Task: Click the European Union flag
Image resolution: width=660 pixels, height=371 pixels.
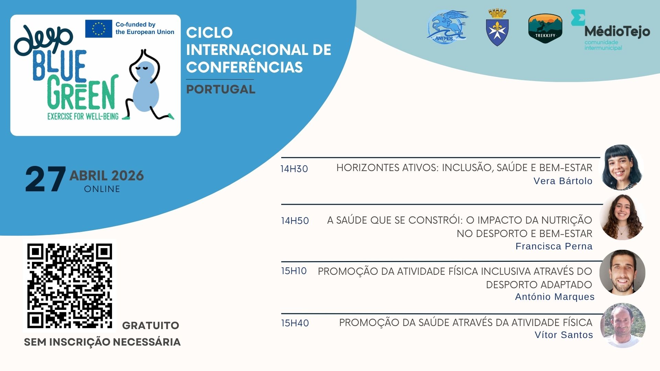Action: (99, 29)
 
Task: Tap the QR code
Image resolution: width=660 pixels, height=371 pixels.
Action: (69, 286)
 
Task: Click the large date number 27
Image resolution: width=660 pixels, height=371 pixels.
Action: (45, 179)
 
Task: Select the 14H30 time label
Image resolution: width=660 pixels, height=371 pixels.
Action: (294, 169)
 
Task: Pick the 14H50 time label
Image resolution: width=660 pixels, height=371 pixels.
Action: (295, 221)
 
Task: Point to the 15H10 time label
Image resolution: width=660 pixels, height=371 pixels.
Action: (294, 271)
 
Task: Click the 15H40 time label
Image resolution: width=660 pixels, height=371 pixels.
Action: (295, 323)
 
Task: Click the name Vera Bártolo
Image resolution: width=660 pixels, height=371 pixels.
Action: (563, 181)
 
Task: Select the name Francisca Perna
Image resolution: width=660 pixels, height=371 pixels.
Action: (554, 246)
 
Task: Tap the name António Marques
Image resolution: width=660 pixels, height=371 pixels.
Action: (554, 297)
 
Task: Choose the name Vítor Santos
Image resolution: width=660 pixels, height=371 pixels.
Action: (564, 335)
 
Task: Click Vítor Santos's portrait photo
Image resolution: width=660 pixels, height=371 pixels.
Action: (623, 325)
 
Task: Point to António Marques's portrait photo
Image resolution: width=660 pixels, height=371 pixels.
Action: (622, 273)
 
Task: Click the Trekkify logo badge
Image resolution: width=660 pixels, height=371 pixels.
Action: (545, 29)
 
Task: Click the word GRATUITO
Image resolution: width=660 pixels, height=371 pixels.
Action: (151, 326)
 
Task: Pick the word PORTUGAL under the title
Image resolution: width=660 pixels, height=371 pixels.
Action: (221, 90)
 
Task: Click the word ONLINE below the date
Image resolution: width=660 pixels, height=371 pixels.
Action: (102, 189)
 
